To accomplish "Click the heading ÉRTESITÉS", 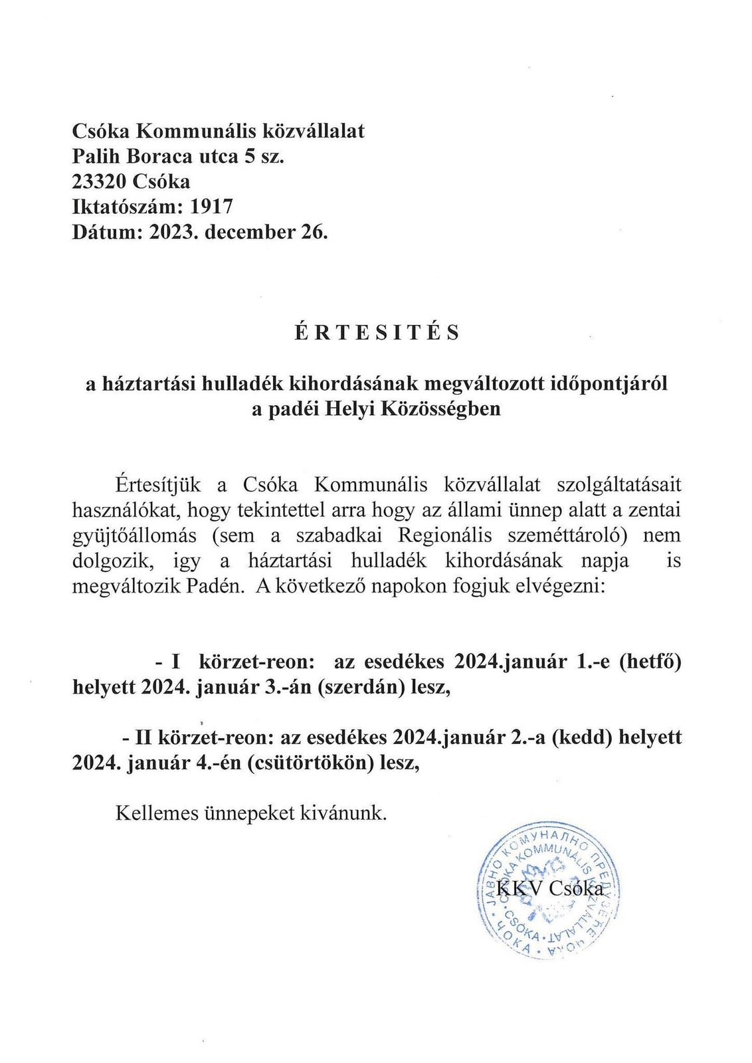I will point(377,332).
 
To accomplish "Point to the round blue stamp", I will point(549,889).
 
